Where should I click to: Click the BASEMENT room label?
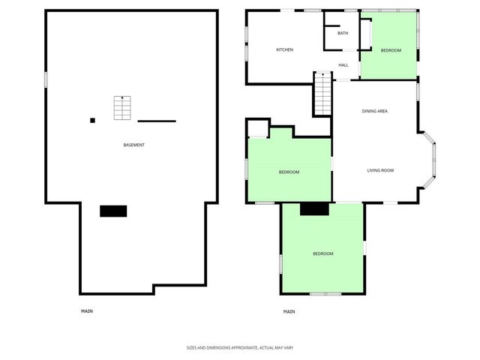click(134, 145)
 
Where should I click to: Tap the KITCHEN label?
click(284, 50)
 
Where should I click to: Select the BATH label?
click(343, 33)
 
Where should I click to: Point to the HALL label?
click(343, 65)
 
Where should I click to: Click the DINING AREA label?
click(374, 112)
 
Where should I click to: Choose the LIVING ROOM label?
click(380, 171)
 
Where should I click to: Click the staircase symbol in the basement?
click(122, 108)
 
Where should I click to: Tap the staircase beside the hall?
click(322, 94)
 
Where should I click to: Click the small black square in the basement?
click(93, 120)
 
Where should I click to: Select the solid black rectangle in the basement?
click(113, 211)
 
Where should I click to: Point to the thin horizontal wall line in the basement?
click(157, 121)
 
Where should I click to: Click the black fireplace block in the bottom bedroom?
click(314, 209)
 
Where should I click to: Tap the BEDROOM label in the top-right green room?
click(391, 50)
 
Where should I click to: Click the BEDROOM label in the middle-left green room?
click(289, 172)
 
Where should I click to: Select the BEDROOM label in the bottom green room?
click(323, 253)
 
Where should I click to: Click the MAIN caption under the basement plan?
click(87, 311)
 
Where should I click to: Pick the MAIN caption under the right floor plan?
click(289, 311)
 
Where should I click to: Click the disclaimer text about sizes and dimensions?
click(240, 348)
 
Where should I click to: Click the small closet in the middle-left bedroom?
click(257, 128)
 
